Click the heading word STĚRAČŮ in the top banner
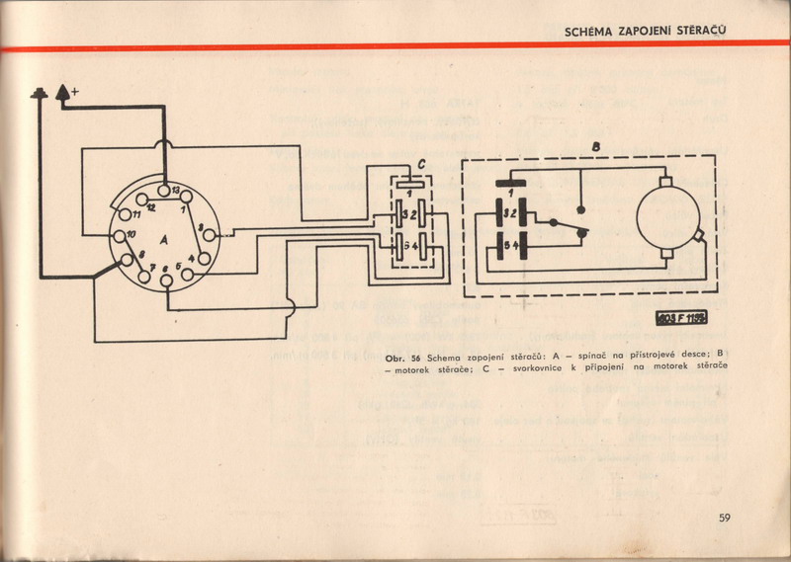(x=697, y=31)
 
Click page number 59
(x=725, y=517)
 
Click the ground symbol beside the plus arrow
(x=41, y=96)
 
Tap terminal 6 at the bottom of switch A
(x=166, y=278)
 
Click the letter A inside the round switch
(x=163, y=237)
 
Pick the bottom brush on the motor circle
(x=701, y=236)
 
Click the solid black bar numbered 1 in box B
(x=510, y=182)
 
